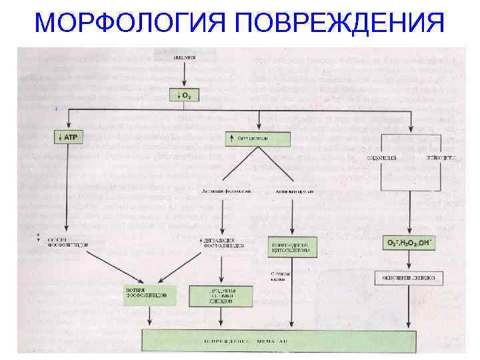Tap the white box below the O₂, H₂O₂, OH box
410,275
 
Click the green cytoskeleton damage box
292,247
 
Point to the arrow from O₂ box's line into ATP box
67,125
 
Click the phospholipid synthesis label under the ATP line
67,242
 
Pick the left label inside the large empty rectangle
383,158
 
